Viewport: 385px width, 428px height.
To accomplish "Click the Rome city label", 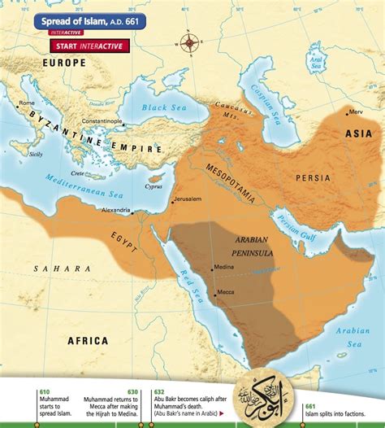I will point(27,103).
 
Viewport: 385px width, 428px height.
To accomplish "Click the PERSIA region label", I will point(313,177).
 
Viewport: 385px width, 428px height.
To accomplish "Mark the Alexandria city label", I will point(114,210).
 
